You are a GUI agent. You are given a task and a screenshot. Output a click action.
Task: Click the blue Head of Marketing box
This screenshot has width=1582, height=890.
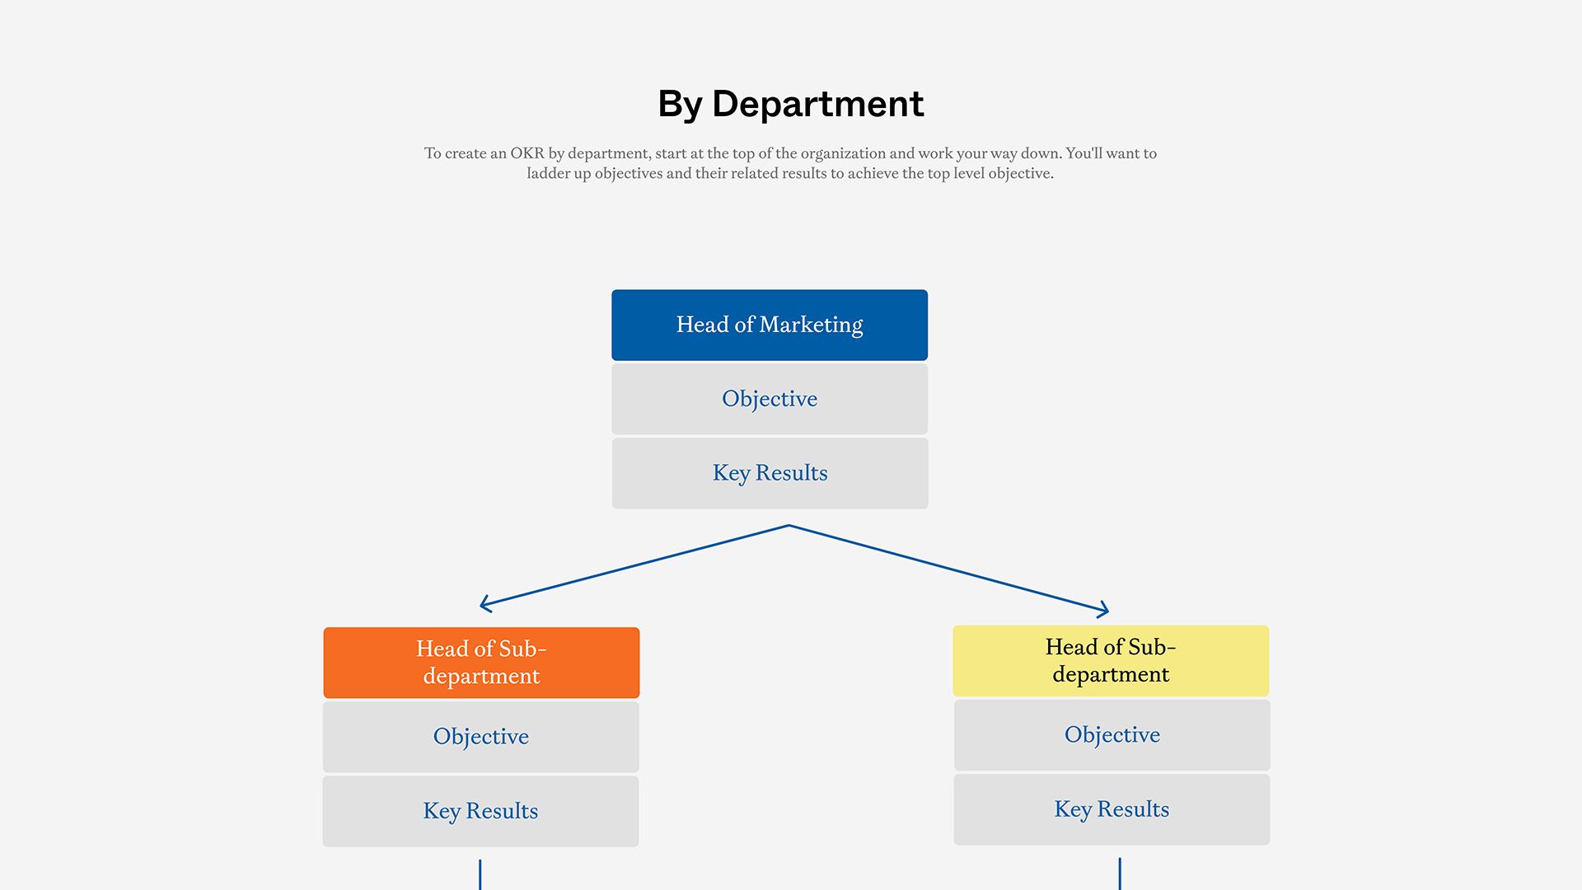tap(770, 325)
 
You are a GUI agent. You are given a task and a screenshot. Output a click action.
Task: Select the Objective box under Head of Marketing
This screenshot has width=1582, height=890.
tap(770, 399)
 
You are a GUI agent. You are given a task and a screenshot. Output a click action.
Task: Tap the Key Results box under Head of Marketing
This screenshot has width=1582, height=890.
tap(770, 473)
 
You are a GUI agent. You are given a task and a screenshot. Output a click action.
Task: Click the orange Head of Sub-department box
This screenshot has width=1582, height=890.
tap(481, 663)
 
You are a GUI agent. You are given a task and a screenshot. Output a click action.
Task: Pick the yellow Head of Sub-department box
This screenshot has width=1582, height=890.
tap(1111, 661)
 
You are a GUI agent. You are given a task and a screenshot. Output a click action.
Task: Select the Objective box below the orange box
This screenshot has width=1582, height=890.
tap(481, 737)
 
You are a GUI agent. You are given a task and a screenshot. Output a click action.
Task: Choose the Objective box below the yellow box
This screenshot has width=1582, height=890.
tap(1112, 735)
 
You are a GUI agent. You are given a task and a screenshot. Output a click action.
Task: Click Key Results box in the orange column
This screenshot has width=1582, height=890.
tap(480, 811)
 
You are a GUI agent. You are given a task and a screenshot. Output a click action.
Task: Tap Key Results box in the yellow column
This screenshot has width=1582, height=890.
tap(1112, 809)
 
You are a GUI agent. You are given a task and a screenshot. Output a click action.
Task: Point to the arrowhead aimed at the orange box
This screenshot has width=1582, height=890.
tap(484, 605)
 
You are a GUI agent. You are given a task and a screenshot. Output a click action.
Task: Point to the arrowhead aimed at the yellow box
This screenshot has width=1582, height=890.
tap(1105, 610)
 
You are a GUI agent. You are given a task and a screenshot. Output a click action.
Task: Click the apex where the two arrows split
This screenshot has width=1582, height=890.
tap(789, 526)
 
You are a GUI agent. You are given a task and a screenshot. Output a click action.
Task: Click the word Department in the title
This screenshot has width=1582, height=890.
tap(817, 105)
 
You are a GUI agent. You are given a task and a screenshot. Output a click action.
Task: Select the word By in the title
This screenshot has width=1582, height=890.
tap(680, 105)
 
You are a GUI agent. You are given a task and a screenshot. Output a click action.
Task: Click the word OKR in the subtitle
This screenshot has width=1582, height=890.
tap(527, 153)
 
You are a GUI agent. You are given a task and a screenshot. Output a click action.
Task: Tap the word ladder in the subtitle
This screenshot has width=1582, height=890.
tap(548, 174)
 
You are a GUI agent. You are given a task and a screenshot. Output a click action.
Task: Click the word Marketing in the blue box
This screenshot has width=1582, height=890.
tap(811, 325)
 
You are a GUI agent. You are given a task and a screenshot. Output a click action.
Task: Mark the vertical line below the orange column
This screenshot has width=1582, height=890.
tap(480, 875)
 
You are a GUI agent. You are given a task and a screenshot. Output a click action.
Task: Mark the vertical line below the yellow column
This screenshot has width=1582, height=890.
tap(1120, 874)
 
